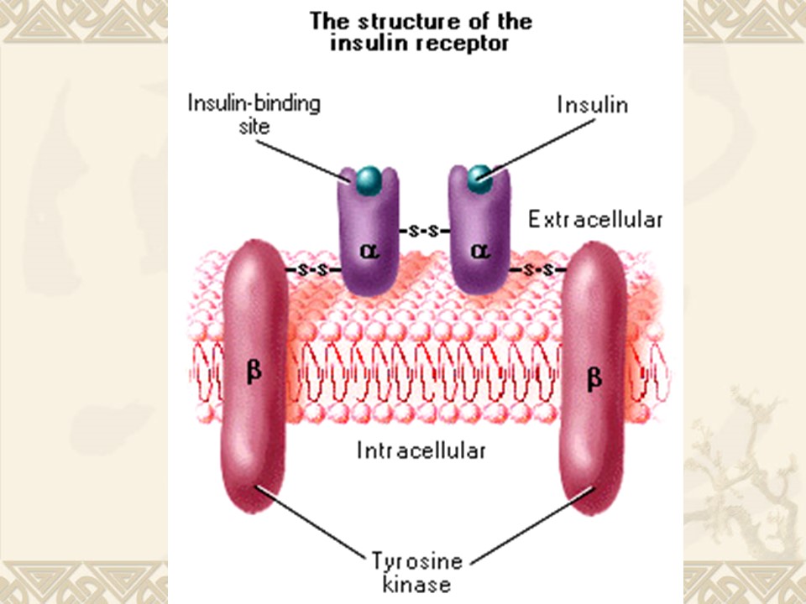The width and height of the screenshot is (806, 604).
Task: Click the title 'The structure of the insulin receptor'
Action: click(x=421, y=32)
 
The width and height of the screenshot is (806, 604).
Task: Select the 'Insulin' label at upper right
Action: click(x=593, y=105)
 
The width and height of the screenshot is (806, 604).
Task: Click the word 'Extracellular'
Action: click(x=594, y=220)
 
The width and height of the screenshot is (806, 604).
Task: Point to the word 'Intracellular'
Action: click(x=421, y=450)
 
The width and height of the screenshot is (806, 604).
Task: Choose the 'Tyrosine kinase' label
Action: click(x=417, y=570)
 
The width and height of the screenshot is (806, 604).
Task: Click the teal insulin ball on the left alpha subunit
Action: click(x=368, y=178)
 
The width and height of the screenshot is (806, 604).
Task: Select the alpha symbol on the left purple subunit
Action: click(x=367, y=250)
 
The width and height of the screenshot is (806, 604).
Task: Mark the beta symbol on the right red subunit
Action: click(x=593, y=379)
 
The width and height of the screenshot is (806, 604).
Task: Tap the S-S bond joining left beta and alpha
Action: click(x=313, y=270)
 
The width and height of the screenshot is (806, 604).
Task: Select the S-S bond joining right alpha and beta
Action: click(x=537, y=270)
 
